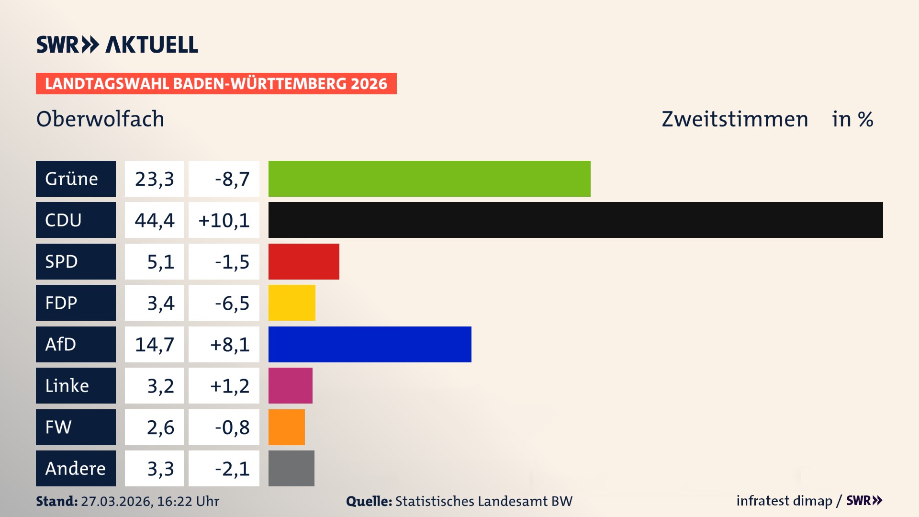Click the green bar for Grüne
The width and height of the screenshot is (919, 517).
[x=429, y=179]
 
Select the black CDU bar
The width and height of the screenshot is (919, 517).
[x=575, y=220]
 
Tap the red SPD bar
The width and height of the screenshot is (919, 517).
[x=303, y=261]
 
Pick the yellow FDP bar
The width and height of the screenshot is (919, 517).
[x=291, y=303]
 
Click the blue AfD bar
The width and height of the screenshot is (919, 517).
[x=370, y=344]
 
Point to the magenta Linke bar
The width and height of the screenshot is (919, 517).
[x=290, y=385]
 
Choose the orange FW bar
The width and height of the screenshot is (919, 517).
[x=286, y=427]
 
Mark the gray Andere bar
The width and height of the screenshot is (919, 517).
[x=291, y=468]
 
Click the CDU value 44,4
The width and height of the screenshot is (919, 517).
[x=154, y=220]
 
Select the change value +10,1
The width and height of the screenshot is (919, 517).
[x=224, y=220]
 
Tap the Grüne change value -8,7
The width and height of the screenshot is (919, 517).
[x=232, y=179]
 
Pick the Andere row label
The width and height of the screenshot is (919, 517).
[x=76, y=468]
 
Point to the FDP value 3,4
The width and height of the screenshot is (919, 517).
[x=160, y=303]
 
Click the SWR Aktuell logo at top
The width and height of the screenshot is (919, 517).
[x=117, y=45]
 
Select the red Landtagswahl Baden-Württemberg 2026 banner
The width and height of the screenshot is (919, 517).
[x=216, y=84]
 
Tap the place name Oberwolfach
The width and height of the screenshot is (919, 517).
[x=100, y=119]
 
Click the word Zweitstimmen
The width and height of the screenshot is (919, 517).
[x=735, y=119]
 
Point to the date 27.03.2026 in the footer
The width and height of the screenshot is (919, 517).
[x=116, y=501]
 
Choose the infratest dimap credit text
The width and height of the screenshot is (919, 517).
[x=784, y=501]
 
